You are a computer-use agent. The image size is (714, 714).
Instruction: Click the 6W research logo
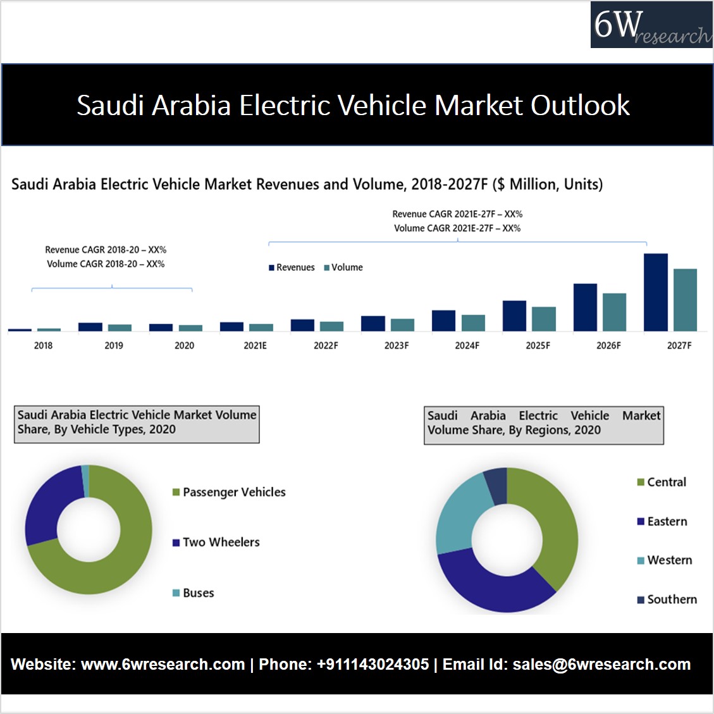click(x=651, y=25)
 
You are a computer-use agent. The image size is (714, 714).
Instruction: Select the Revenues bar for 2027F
click(x=656, y=292)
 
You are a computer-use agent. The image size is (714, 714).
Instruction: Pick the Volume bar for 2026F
click(x=614, y=312)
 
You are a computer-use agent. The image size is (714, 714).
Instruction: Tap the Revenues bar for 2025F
click(x=514, y=316)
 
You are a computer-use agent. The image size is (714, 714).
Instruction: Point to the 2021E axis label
click(x=255, y=346)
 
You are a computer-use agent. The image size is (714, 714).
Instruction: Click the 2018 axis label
click(x=43, y=346)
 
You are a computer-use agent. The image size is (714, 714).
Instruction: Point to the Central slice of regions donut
click(x=550, y=519)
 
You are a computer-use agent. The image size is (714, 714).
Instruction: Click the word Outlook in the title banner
click(x=580, y=105)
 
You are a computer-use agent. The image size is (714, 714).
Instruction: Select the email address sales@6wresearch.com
click(x=601, y=665)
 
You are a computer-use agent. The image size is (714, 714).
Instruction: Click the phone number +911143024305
click(x=372, y=665)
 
